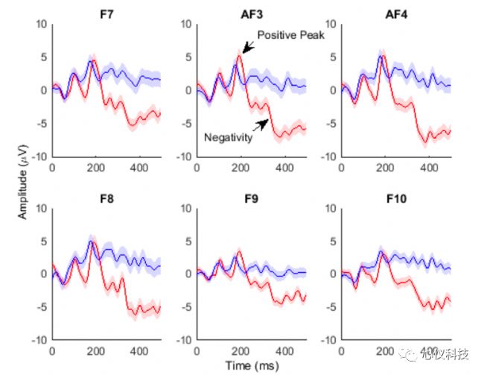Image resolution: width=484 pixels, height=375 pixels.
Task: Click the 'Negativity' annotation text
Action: coord(227,138)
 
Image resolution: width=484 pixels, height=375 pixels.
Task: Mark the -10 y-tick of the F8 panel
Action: coord(39,340)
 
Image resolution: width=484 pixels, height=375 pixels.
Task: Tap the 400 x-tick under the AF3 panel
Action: coord(284,168)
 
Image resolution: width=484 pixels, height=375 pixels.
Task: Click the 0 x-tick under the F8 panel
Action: coord(52,351)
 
